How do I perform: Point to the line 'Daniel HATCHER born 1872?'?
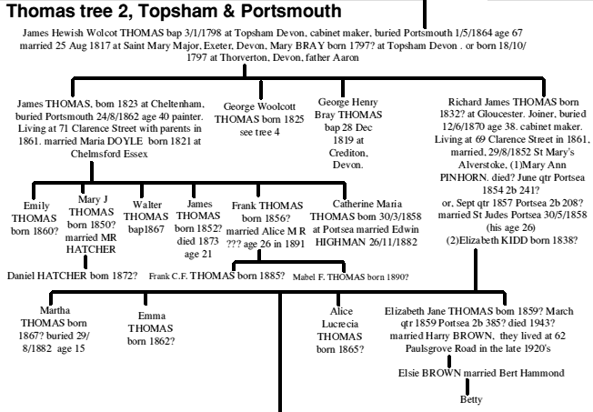click(72, 274)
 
